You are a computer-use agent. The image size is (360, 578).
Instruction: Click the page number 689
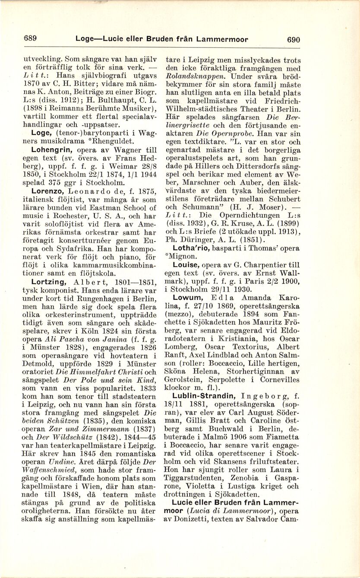30,38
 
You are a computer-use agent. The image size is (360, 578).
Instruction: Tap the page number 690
293,39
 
